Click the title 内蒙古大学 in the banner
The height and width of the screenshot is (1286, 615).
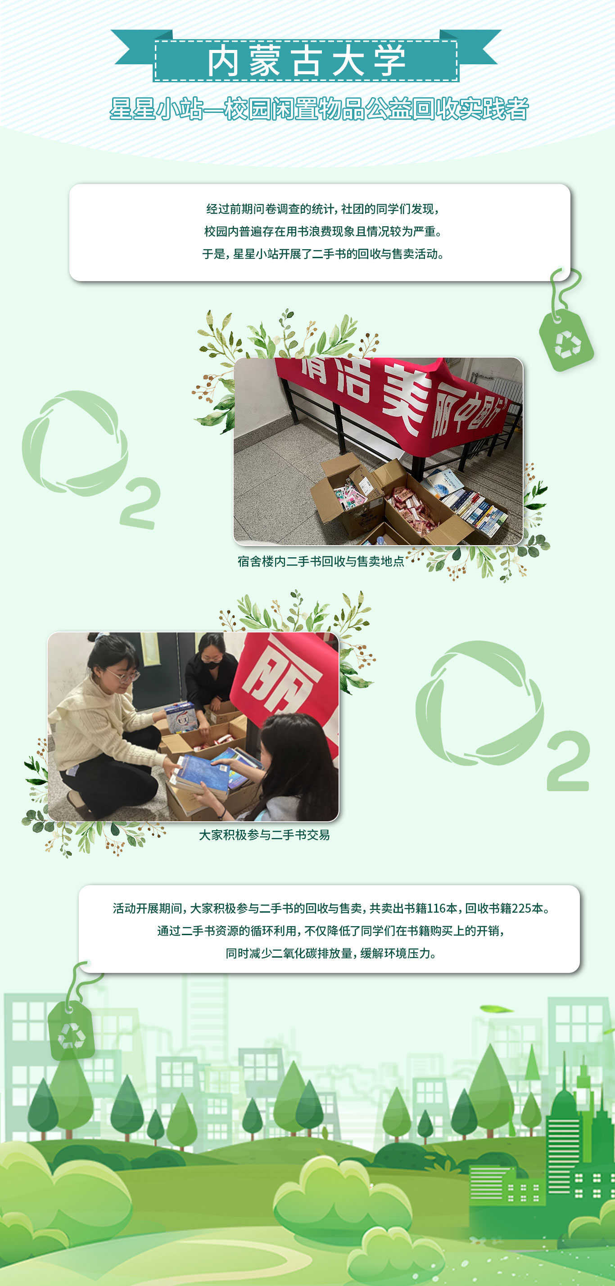pos(306,61)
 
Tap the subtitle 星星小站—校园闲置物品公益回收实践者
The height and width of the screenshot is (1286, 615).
pos(319,109)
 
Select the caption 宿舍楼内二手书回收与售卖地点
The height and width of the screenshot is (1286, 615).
pos(321,561)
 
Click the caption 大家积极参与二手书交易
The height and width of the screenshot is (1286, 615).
pos(264,835)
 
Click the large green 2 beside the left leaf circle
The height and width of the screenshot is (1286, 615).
pos(140,503)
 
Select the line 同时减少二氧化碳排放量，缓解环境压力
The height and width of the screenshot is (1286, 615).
pos(331,954)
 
